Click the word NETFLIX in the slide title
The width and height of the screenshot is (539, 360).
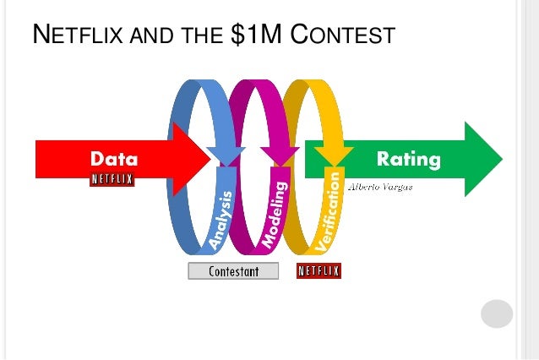(74, 36)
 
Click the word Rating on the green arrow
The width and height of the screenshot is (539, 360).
(409, 158)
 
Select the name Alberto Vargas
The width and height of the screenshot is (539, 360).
(381, 186)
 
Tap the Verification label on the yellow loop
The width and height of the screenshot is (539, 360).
(329, 211)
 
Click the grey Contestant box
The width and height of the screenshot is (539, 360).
(234, 271)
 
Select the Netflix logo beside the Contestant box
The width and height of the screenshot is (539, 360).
(318, 271)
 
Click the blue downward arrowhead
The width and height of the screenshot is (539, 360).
(226, 155)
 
